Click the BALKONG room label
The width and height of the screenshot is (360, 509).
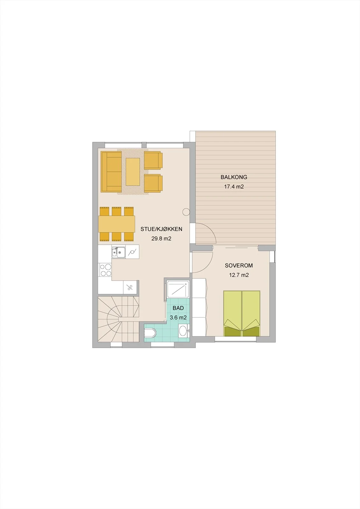234,177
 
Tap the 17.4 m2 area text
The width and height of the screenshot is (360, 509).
234,187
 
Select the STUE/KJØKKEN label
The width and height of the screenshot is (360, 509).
161,229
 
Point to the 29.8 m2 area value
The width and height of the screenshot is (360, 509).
161,239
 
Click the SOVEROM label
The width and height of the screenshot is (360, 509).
239,265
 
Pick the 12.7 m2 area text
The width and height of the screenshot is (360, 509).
239,275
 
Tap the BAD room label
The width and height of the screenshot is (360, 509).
178,308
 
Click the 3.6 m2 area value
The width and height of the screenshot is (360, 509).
178,317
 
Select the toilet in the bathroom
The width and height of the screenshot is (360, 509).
151,333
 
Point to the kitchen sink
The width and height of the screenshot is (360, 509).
118,252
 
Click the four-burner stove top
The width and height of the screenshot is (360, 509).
105,270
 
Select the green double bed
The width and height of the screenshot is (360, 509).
242,313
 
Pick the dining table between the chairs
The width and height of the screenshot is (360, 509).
117,224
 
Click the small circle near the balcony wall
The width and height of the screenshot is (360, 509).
186,212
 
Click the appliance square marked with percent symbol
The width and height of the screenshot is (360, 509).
130,287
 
